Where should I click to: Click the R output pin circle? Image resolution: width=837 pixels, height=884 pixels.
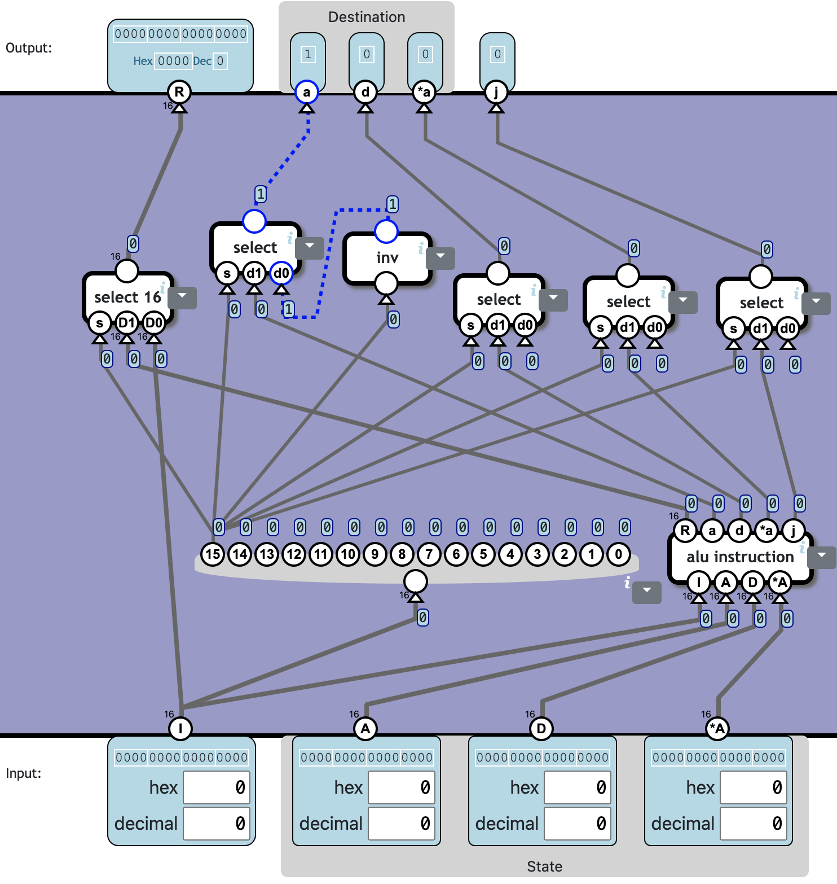[x=179, y=92]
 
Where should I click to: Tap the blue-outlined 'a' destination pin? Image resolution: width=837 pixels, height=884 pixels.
[x=307, y=92]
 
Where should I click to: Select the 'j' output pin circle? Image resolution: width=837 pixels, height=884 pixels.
[x=496, y=92]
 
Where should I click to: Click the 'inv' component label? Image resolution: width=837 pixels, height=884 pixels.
[x=387, y=258]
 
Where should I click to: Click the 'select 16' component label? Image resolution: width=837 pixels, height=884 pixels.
[x=127, y=297]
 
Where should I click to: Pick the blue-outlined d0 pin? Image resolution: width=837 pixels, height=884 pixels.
[x=281, y=273]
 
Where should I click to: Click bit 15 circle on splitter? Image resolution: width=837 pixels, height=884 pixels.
[x=213, y=554]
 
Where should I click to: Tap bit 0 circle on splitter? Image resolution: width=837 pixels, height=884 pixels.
[x=619, y=554]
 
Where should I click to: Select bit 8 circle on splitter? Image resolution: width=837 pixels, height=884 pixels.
[x=402, y=554]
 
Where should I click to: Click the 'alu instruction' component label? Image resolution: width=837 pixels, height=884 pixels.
[x=740, y=557]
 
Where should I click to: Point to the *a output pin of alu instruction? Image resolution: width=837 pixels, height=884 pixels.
[x=766, y=530]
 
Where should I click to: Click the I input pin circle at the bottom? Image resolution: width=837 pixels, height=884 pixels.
[x=180, y=728]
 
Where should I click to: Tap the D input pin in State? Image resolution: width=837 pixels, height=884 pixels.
[x=541, y=728]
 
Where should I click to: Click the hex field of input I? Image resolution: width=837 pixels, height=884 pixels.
[x=217, y=787]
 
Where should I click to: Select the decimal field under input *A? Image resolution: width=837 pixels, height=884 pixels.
[x=754, y=824]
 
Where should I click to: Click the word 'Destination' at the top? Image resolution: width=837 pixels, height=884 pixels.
[x=367, y=17]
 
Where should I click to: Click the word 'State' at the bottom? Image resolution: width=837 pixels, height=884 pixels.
[x=544, y=867]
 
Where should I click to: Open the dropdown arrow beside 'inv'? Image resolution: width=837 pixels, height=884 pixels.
[x=440, y=257]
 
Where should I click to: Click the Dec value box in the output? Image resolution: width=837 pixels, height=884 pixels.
[x=221, y=61]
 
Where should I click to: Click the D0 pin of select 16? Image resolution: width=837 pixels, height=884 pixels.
[x=153, y=323]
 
